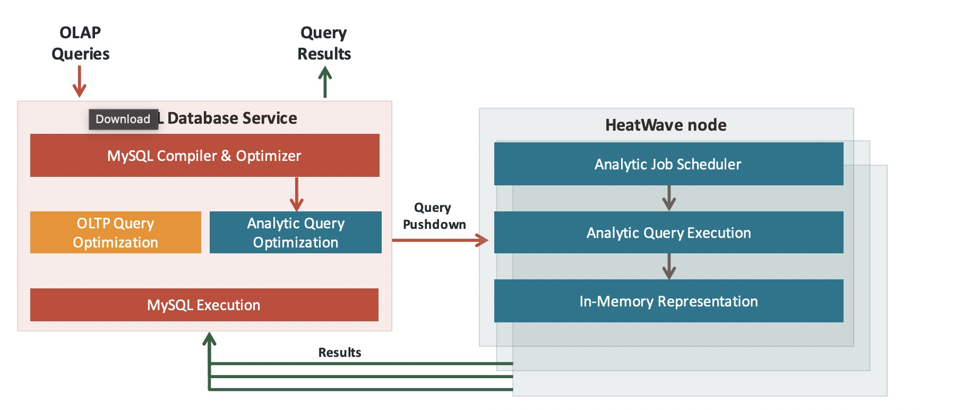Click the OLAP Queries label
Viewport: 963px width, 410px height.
tap(80, 43)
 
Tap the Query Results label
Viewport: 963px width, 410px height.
tap(324, 43)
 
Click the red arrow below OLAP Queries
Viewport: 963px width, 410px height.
tap(80, 81)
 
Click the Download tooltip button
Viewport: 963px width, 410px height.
tap(123, 119)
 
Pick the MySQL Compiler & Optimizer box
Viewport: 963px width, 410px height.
tap(204, 156)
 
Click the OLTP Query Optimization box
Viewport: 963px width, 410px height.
tap(115, 233)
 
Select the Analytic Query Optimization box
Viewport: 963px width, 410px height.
tap(296, 233)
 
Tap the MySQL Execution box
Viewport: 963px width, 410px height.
tap(204, 305)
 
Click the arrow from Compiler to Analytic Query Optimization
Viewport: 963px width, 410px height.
tap(296, 194)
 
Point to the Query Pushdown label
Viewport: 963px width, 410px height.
tap(434, 216)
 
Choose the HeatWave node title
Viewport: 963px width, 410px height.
tap(666, 125)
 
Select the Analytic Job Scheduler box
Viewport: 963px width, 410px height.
tap(668, 164)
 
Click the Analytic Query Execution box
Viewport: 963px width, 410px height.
tap(668, 233)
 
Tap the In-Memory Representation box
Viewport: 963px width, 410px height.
tap(668, 301)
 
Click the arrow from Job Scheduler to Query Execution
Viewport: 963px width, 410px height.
tap(669, 198)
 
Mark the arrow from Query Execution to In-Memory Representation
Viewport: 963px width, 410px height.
tap(669, 266)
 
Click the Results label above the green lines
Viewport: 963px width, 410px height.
tap(340, 353)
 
